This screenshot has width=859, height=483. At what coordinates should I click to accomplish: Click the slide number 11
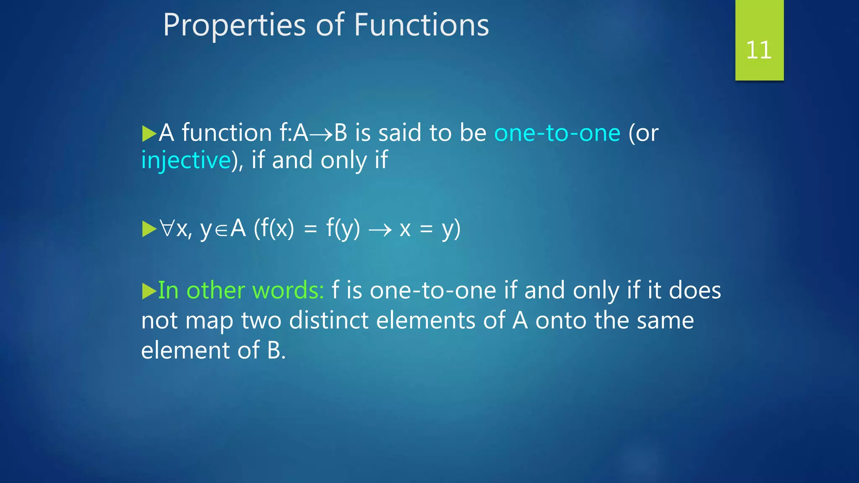(x=759, y=50)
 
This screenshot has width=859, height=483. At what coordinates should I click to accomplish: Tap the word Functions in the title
(x=421, y=25)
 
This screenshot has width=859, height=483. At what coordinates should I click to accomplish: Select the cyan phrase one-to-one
(x=557, y=133)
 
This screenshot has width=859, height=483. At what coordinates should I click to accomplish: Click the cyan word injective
(x=186, y=161)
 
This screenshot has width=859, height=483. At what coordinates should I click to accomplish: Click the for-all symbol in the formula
(x=167, y=229)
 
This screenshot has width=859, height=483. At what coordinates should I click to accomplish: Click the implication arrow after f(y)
(x=380, y=230)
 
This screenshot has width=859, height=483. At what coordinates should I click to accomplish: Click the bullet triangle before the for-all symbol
(x=149, y=229)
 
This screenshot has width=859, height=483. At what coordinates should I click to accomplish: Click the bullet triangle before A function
(x=149, y=134)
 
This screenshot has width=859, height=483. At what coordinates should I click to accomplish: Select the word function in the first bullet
(x=227, y=133)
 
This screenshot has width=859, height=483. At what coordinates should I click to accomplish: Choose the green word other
(x=216, y=290)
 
